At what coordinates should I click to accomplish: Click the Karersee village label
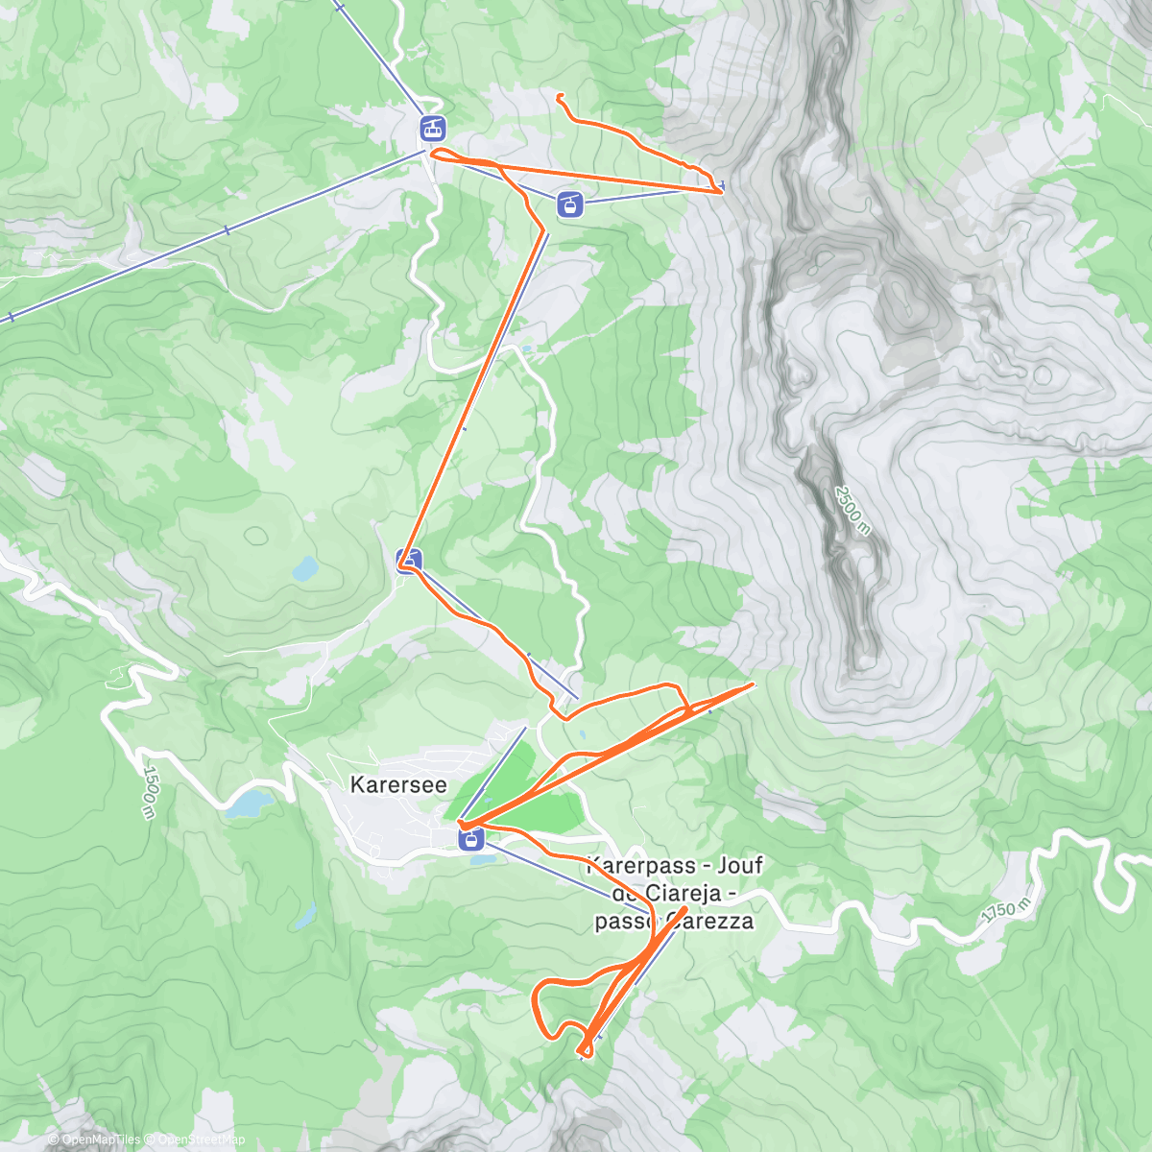point(398,785)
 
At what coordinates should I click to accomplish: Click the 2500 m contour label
point(852,510)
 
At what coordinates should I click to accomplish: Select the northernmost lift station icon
point(433,126)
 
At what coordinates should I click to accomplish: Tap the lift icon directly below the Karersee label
point(470,841)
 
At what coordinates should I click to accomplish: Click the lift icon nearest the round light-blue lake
point(409,559)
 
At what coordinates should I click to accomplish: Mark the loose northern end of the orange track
point(559,94)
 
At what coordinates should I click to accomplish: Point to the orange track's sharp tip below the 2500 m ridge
point(754,684)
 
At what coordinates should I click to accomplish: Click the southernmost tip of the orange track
point(585,1056)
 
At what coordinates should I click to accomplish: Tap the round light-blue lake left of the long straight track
point(305,569)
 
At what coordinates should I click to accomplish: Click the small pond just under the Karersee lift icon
point(481,859)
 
